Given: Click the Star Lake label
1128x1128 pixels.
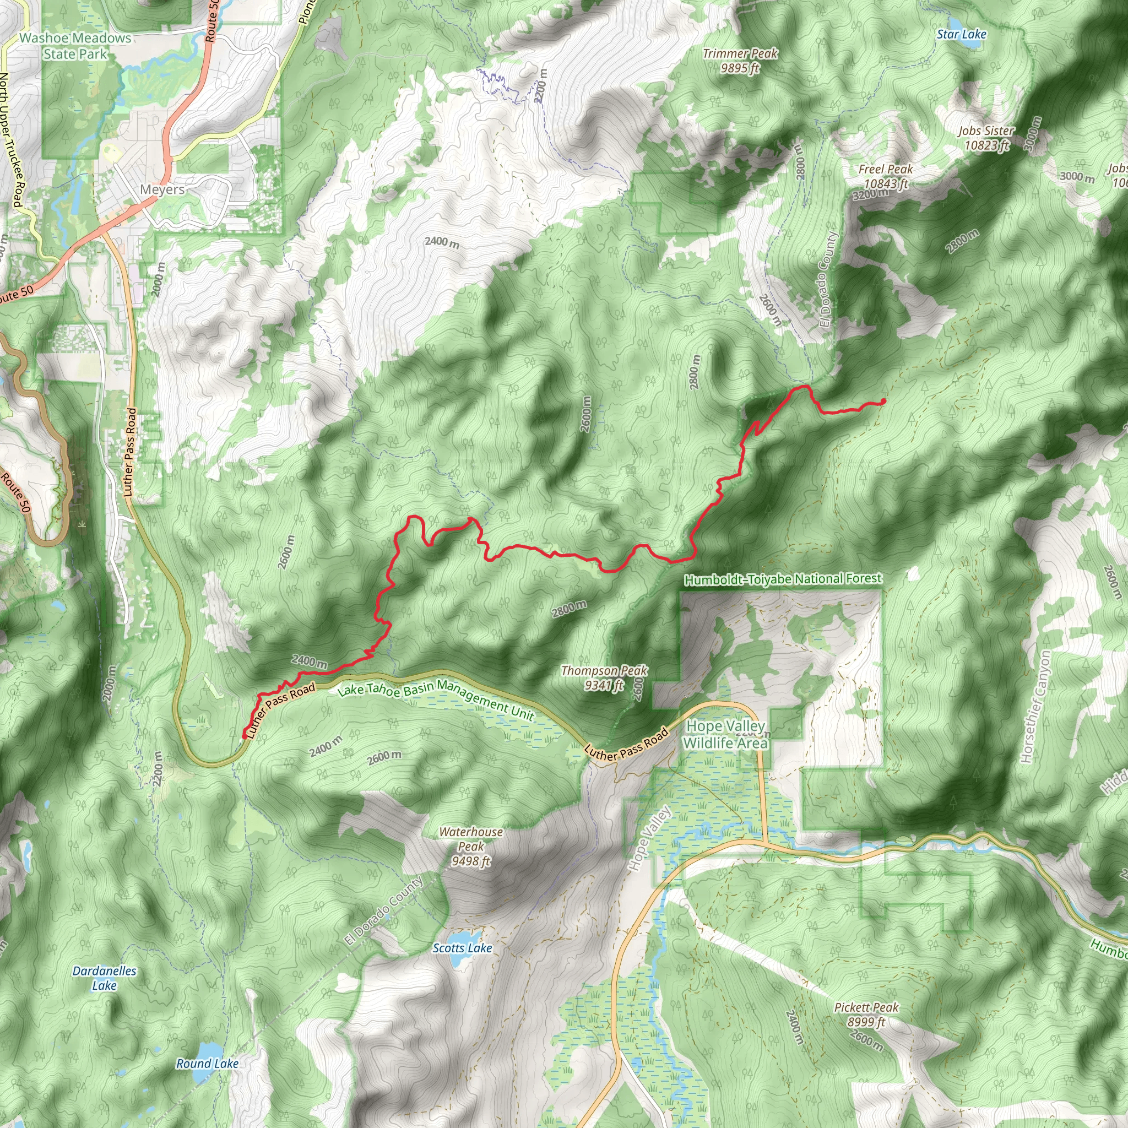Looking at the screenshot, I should point(961,35).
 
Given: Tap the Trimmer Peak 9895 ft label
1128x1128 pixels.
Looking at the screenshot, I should point(740,61).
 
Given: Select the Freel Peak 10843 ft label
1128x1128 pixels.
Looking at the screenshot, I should point(885,176).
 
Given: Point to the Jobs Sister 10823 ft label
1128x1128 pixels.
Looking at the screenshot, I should point(986,138).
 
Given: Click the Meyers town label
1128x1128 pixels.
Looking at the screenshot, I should point(162,190).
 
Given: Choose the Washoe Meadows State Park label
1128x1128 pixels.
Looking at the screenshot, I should point(75,46).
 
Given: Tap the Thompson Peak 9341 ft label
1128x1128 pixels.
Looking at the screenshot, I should point(604,677).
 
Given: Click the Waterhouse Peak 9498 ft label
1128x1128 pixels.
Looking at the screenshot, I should point(470,847).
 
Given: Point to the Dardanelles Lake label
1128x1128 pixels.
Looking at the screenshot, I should point(105,979).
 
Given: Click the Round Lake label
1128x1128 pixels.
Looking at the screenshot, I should point(207,1064).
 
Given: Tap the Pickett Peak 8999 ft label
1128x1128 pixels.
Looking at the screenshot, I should point(866,1015).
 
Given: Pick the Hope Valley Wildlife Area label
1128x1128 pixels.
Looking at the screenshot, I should point(725,735).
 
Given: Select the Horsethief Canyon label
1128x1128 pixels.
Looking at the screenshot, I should point(1034,708).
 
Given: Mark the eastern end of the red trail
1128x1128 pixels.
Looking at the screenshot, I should point(883,401).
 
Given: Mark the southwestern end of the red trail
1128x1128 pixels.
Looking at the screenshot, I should point(243,737).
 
